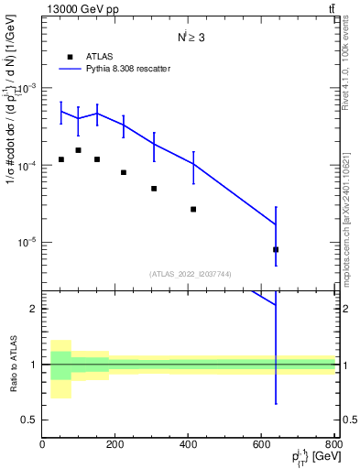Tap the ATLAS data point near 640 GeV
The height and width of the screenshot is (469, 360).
tap(276, 249)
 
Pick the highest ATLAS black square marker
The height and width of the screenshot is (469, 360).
tap(78, 150)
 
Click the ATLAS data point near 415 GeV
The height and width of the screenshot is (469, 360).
tap(193, 209)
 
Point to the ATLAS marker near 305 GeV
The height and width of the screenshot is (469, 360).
tap(153, 189)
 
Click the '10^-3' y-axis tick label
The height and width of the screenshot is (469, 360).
tap(27, 89)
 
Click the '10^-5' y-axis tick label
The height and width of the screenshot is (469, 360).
tap(27, 243)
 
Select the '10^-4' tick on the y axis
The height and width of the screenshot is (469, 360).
tap(27, 166)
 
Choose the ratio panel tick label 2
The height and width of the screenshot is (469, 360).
tap(34, 309)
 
